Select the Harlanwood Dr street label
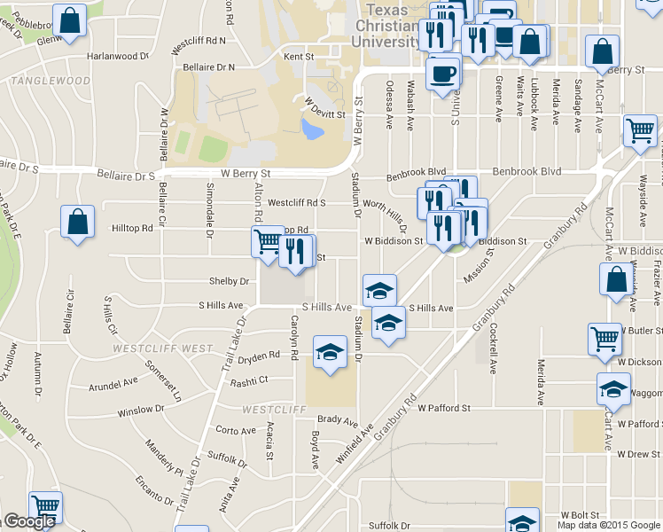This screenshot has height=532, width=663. pyautogui.click(x=118, y=56)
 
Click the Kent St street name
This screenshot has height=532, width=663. pyautogui.click(x=299, y=57)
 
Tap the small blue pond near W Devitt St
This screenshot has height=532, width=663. pyautogui.click(x=313, y=131)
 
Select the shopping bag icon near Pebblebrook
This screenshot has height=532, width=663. pyautogui.click(x=70, y=20)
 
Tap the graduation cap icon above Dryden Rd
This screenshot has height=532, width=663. pyautogui.click(x=330, y=355)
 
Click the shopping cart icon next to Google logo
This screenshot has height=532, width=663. pyautogui.click(x=46, y=507)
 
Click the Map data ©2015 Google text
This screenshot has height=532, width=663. pyautogui.click(x=608, y=525)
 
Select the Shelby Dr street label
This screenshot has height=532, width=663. pyautogui.click(x=228, y=281)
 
